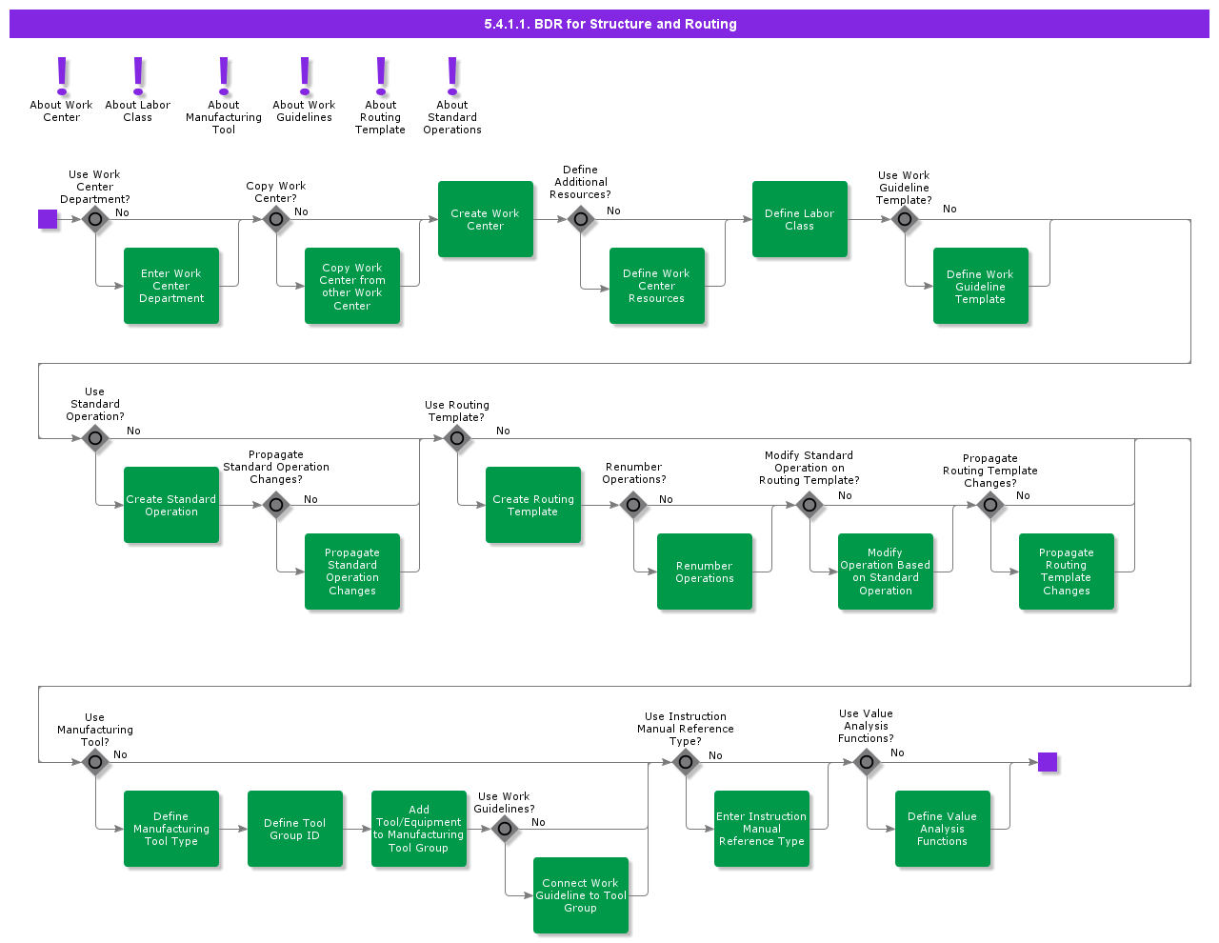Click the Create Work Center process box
(486, 219)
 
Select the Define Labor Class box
(800, 219)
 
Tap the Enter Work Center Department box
(171, 286)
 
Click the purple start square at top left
(48, 219)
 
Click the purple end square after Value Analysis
(1048, 762)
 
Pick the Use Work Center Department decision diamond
(95, 219)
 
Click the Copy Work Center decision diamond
(276, 219)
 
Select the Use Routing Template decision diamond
(457, 438)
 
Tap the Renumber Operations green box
(705, 572)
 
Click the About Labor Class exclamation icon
(138, 75)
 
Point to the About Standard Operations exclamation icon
(452, 75)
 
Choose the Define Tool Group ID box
(295, 829)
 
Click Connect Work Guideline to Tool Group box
(581, 895)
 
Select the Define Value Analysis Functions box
(943, 829)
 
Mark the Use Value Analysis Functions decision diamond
(867, 762)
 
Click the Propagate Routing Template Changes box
(1067, 572)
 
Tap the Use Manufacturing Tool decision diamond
(95, 762)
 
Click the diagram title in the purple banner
(609, 24)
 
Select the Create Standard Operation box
(171, 505)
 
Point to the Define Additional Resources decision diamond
(581, 219)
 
